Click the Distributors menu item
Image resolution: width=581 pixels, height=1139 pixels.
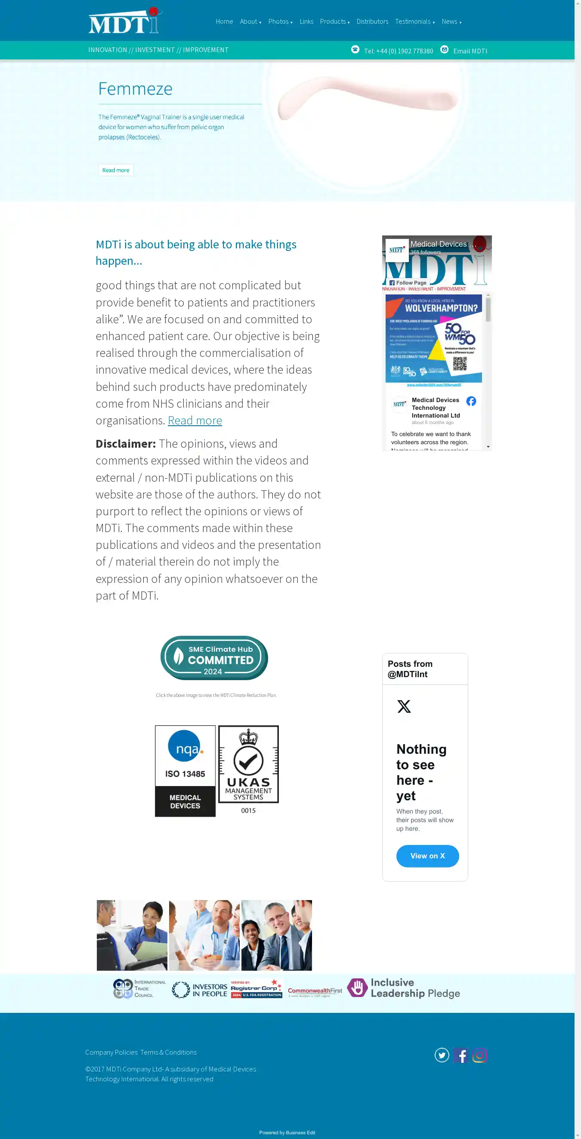(372, 22)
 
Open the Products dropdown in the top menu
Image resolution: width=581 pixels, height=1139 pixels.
(334, 22)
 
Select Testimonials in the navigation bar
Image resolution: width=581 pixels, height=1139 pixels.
(414, 22)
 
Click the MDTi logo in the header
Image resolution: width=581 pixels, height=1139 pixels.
(125, 21)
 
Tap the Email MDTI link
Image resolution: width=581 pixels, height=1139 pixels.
(470, 51)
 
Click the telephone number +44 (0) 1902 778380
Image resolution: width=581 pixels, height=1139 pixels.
(399, 51)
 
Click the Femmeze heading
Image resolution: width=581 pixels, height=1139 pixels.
(135, 89)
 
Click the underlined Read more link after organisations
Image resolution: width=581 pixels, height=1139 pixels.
(195, 421)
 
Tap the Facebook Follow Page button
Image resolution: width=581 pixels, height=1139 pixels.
(408, 283)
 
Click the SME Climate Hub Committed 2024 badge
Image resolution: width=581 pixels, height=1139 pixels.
(214, 658)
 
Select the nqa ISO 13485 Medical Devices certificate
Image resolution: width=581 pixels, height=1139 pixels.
(185, 771)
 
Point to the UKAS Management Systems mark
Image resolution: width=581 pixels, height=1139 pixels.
(248, 765)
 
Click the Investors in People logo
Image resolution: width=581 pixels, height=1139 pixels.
(199, 990)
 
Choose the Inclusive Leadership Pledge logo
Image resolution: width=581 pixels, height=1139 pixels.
(403, 988)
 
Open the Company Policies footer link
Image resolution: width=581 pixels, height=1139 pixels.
(111, 1052)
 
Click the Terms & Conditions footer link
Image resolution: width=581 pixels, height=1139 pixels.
(168, 1052)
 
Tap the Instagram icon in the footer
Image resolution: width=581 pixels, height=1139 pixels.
(479, 1055)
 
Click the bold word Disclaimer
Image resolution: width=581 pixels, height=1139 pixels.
(126, 444)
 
